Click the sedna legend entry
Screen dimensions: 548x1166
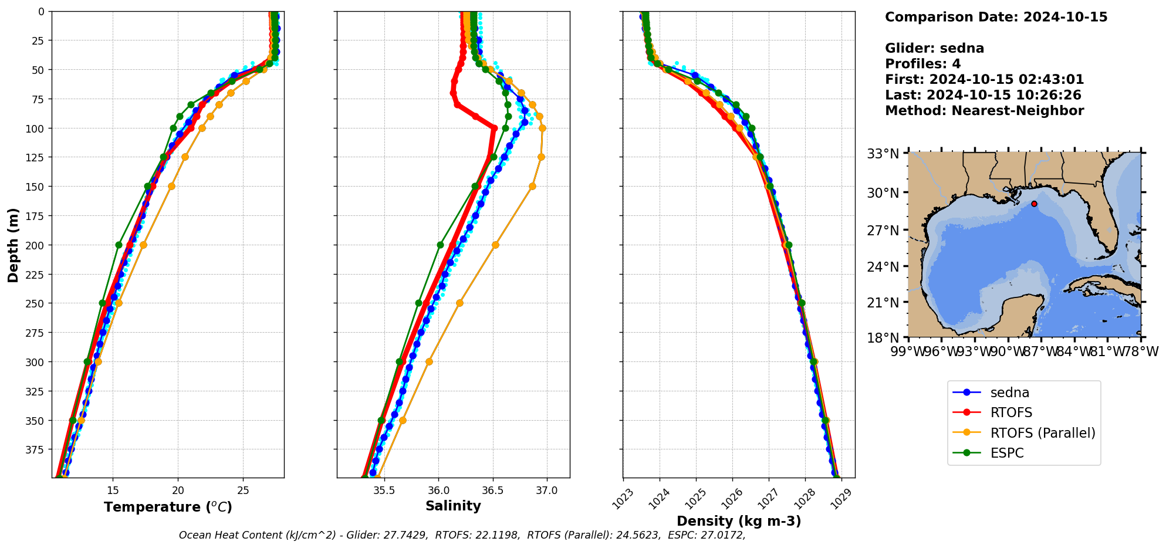coord(1009,393)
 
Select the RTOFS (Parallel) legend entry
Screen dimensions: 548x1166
coord(1042,433)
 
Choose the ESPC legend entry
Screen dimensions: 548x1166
coord(1006,453)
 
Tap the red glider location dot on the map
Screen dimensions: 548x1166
coord(1034,204)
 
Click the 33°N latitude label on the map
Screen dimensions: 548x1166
coord(883,154)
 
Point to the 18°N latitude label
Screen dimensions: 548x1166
coord(883,338)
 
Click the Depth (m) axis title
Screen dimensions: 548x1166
coord(13,245)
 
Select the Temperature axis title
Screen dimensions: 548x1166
coord(168,507)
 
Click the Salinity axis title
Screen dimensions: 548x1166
coord(453,506)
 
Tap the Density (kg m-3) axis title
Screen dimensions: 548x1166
coord(739,521)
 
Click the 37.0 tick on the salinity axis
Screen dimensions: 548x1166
coord(547,491)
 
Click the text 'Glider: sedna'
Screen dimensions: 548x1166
coord(934,49)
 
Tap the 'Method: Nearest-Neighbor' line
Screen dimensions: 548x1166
coord(984,111)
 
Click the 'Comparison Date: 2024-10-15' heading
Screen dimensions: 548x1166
coord(996,17)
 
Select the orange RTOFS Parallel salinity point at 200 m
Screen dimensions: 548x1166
coord(495,245)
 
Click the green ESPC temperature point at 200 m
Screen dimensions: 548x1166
coord(119,245)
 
